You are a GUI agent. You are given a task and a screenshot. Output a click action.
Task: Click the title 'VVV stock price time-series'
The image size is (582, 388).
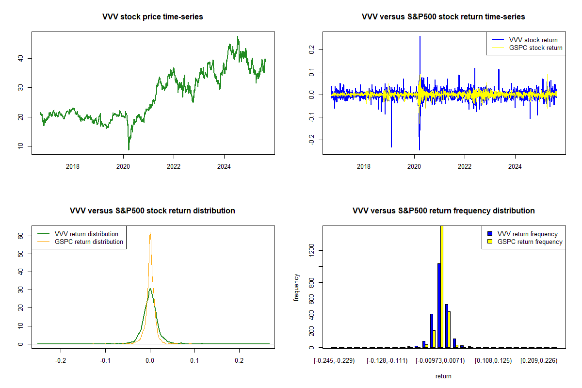click(153, 17)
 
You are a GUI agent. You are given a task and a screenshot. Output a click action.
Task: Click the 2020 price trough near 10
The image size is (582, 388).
click(129, 149)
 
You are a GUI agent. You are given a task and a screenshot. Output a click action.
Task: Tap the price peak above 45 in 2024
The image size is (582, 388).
click(238, 37)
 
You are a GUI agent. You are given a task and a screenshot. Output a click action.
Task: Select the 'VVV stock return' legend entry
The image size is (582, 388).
click(533, 40)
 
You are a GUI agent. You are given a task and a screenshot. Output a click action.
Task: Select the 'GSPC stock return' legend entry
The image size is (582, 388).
click(535, 48)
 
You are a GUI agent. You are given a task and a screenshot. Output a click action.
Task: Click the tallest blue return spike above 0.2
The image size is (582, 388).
click(420, 36)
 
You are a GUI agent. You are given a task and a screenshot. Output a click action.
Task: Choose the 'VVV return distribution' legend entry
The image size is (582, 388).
click(86, 234)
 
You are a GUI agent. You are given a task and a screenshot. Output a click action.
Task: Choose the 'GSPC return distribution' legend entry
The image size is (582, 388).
click(89, 242)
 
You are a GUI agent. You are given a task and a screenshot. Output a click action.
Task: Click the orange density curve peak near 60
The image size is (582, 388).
click(150, 233)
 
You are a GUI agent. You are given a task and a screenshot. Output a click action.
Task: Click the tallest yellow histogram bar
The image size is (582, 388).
click(442, 286)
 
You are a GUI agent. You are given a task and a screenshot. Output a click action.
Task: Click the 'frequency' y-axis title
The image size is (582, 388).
click(296, 287)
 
